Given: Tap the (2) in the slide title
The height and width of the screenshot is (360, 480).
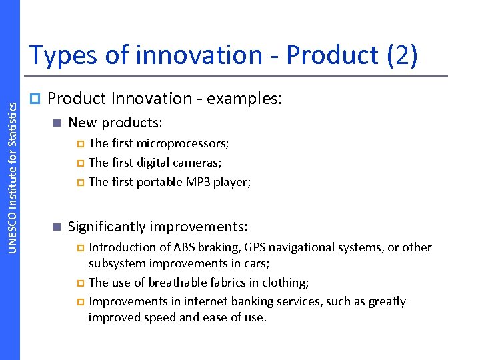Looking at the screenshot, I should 401,55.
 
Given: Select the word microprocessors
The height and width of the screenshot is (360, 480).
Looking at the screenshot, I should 182,143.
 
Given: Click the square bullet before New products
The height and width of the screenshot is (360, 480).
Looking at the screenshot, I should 57,123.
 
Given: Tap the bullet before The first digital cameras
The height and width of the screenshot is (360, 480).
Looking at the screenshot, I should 81,163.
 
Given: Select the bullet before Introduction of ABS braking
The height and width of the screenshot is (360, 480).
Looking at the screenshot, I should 81,247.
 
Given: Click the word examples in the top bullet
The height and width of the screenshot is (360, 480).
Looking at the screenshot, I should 243,99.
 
